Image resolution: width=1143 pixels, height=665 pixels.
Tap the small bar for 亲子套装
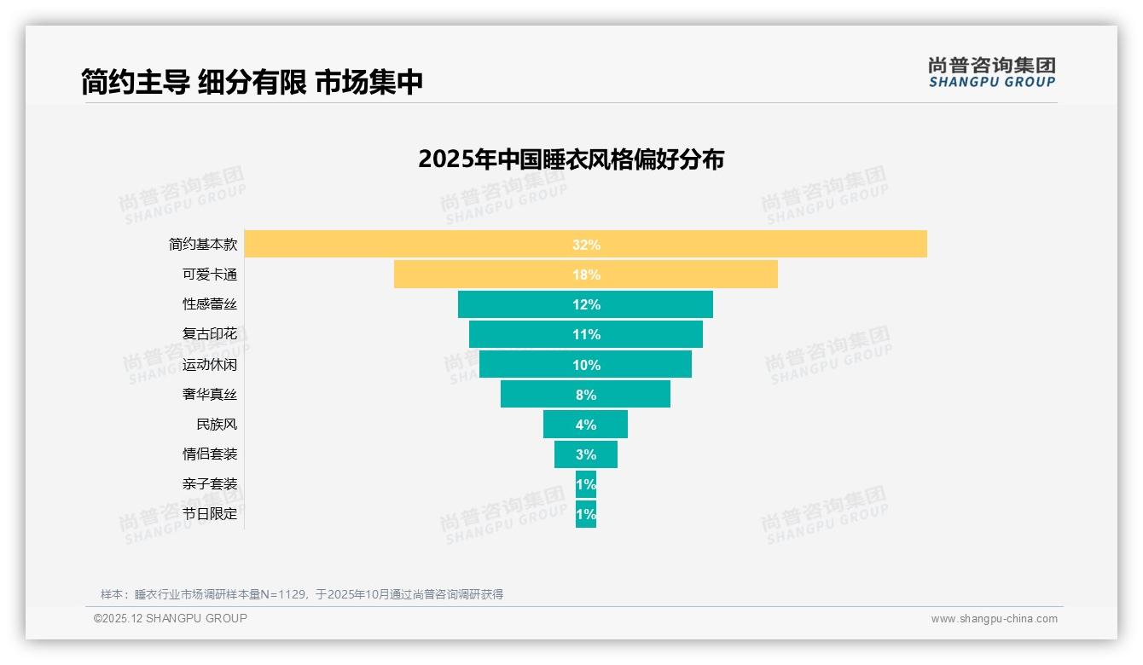(x=586, y=484)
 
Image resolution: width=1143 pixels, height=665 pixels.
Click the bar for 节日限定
(x=586, y=514)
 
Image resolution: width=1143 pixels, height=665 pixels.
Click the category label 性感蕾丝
(x=210, y=304)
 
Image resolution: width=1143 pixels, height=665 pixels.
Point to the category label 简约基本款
(x=203, y=244)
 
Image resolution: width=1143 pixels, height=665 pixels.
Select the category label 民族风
(x=217, y=425)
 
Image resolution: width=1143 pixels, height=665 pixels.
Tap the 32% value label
(x=586, y=245)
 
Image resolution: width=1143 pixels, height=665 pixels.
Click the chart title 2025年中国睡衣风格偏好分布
(x=571, y=159)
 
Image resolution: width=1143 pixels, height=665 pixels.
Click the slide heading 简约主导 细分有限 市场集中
(x=252, y=82)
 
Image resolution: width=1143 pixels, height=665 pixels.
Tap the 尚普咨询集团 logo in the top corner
(x=991, y=72)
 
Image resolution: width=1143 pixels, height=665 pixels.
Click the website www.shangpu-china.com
(x=994, y=619)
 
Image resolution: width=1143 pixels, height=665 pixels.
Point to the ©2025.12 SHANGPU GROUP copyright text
(x=171, y=618)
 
